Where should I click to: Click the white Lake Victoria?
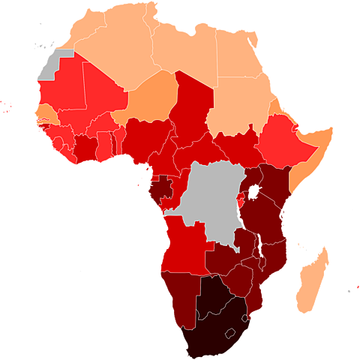254,193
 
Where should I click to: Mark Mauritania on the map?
60,94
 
